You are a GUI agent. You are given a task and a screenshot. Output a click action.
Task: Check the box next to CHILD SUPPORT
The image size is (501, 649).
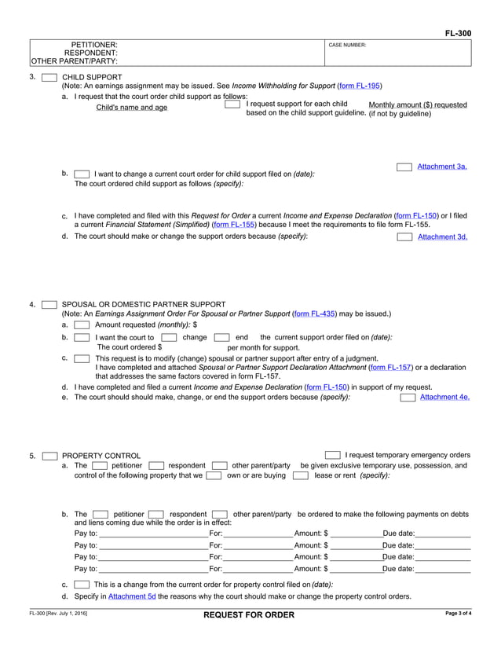click(49, 77)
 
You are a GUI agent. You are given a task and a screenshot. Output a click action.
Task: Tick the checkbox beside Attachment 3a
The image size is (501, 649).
click(404, 167)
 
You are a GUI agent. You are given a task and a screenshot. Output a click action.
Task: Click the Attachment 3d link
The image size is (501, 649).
click(442, 236)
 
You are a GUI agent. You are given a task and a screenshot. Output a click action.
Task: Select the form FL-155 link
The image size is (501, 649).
click(231, 224)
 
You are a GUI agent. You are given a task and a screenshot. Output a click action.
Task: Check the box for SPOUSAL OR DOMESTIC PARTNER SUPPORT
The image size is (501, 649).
click(49, 304)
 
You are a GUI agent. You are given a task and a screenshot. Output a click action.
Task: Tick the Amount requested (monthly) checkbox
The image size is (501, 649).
click(82, 324)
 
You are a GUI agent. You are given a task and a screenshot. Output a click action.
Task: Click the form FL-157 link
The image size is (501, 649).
click(390, 366)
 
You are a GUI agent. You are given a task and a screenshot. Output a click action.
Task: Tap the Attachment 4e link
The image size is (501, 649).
click(444, 397)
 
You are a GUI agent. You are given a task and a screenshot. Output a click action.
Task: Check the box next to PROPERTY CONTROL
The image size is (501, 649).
click(49, 456)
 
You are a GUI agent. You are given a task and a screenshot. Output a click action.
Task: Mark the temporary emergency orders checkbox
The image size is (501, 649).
click(333, 455)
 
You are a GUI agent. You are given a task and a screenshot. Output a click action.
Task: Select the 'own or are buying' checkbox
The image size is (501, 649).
click(214, 475)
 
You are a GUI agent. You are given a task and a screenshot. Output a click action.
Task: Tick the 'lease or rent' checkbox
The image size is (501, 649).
click(301, 475)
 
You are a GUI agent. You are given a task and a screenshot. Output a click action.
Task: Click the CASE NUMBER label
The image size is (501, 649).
click(347, 46)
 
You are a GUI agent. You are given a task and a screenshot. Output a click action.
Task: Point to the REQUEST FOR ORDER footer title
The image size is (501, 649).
click(249, 614)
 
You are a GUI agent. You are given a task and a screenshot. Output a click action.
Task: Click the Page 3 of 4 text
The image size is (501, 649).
click(458, 613)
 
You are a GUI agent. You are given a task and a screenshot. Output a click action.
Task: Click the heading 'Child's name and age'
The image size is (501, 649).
click(131, 108)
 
